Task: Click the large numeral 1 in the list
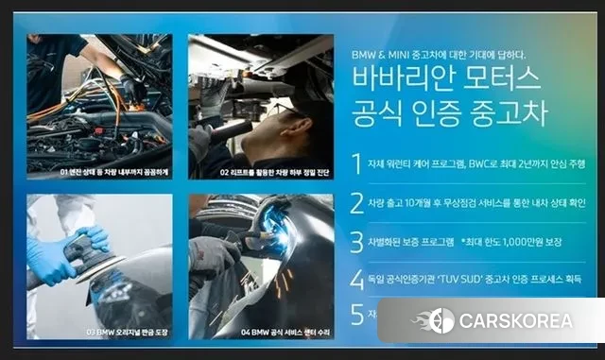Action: point(356,163)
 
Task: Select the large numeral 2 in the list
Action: point(356,202)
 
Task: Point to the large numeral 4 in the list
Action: point(356,279)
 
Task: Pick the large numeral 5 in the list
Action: point(356,314)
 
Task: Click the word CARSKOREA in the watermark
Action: point(515,320)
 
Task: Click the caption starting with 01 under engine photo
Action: point(94,174)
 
